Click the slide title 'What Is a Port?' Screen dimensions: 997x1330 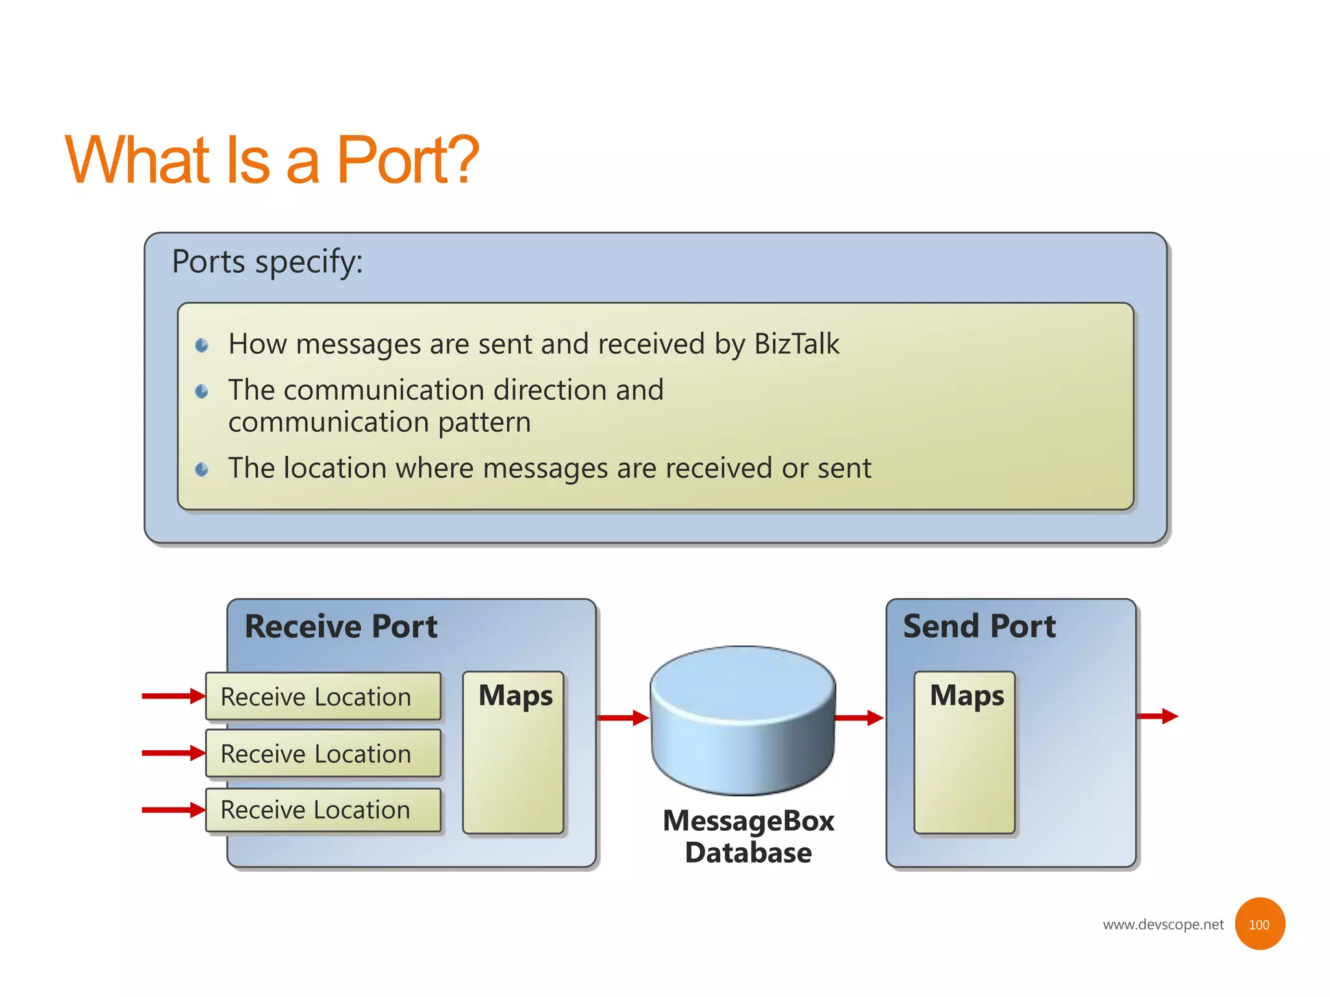[271, 160]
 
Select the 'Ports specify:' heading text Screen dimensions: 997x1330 [267, 262]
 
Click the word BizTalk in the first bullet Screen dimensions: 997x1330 [796, 344]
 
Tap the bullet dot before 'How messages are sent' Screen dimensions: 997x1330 [202, 345]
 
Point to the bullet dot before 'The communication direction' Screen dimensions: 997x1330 [202, 391]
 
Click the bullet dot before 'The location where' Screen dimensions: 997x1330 [202, 469]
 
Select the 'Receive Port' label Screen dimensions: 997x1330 [341, 627]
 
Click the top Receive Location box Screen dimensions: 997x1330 [323, 696]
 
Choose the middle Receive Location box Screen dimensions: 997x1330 [323, 754]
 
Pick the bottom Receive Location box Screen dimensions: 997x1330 [323, 810]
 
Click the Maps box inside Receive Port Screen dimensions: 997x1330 [513, 753]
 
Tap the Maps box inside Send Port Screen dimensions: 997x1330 [964, 753]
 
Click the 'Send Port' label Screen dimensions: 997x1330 [979, 627]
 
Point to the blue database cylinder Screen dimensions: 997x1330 [743, 720]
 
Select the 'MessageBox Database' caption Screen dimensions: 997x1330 [748, 837]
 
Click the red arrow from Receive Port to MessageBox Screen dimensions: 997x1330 [622, 718]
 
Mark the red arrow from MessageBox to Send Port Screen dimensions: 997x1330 [859, 718]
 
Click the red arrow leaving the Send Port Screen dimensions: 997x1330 [1157, 717]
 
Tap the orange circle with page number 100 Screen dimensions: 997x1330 [1259, 924]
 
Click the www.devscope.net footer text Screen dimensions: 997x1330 [1162, 925]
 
